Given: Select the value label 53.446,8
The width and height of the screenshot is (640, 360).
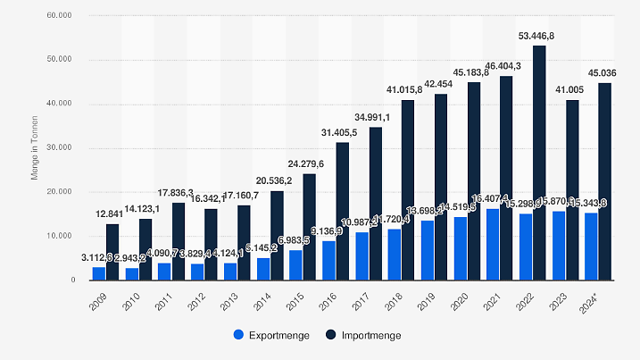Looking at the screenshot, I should (x=540, y=37).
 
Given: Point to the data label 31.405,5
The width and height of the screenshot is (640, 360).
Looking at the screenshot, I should (x=342, y=134).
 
